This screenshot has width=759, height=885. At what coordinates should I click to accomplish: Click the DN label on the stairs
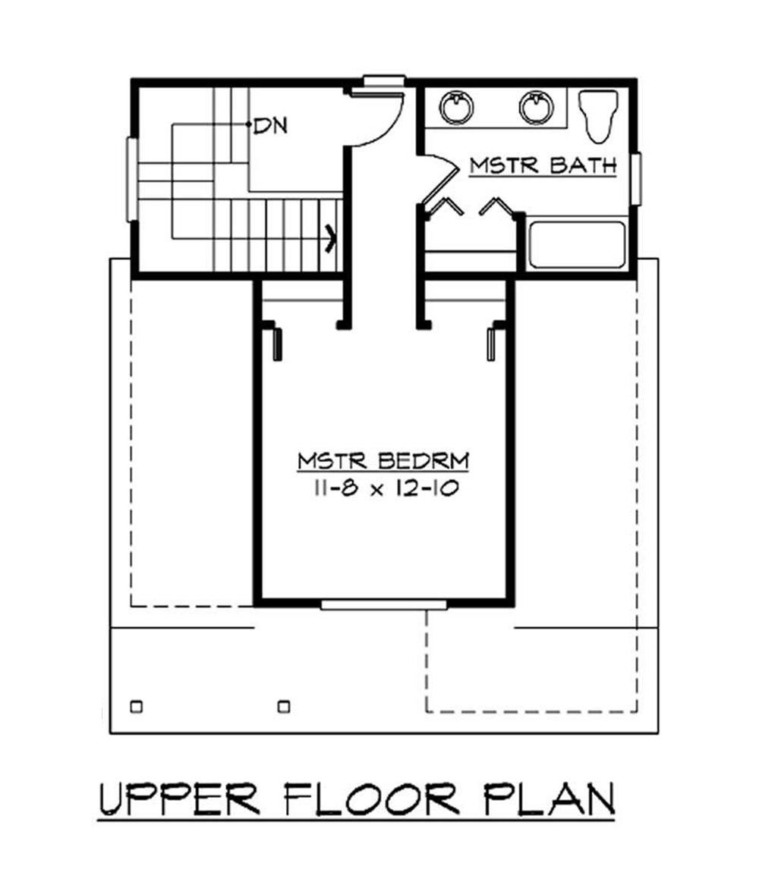click(x=271, y=126)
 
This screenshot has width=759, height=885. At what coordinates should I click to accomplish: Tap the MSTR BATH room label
click(x=542, y=166)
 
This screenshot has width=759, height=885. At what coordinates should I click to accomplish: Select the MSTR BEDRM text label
click(x=383, y=460)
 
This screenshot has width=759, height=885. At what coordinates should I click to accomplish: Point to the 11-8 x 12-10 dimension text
click(x=383, y=488)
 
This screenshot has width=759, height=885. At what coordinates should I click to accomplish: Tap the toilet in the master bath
click(x=597, y=118)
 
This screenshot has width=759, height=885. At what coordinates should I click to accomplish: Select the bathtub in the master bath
click(x=577, y=245)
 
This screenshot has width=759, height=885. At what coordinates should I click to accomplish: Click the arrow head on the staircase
click(x=330, y=237)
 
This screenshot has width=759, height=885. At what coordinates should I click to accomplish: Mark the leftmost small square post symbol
click(x=137, y=707)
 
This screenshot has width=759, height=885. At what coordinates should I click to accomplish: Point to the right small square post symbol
click(x=284, y=707)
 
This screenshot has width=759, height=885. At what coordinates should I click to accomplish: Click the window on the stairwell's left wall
click(x=132, y=180)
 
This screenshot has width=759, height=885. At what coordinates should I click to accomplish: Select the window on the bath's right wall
click(x=636, y=179)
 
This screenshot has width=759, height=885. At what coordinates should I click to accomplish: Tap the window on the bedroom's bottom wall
click(x=383, y=604)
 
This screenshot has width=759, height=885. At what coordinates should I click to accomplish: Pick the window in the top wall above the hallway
click(x=383, y=80)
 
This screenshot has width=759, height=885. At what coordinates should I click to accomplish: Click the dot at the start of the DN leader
click(x=249, y=124)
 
